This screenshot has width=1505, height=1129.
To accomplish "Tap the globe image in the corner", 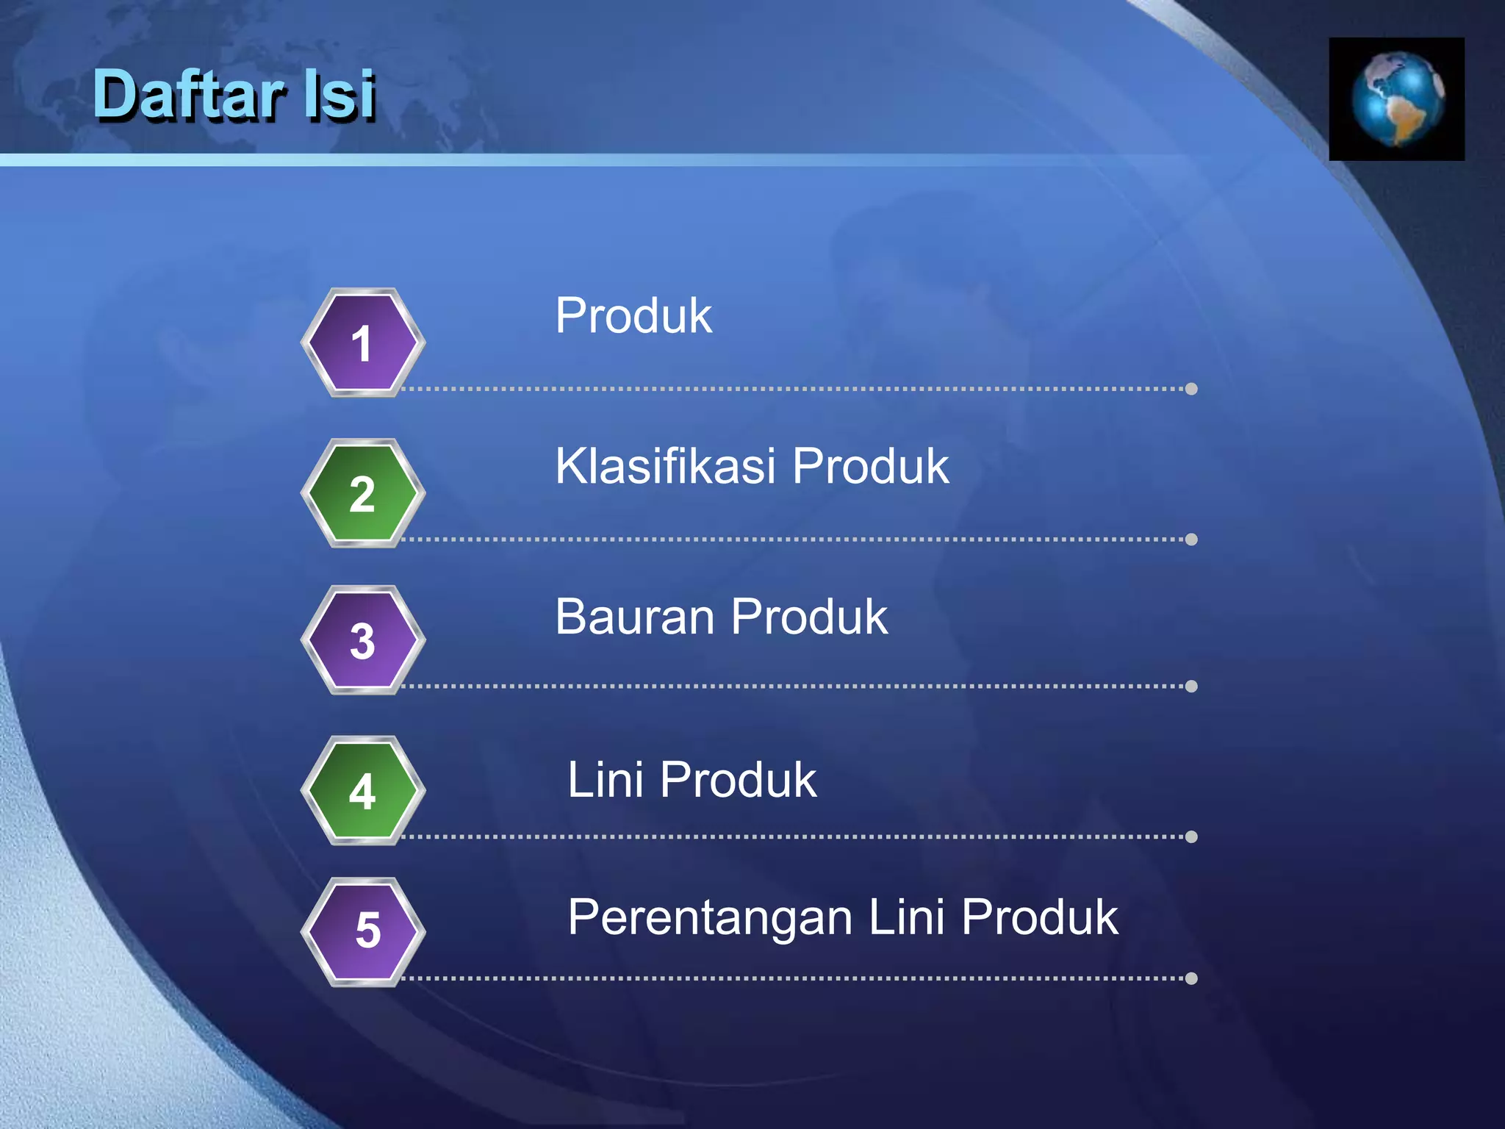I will coord(1396,99).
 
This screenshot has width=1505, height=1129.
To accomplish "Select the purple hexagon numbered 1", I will coord(362,343).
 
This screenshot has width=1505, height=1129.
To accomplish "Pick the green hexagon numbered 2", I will coord(362,493).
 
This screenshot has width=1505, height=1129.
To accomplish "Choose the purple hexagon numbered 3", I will coord(362,640).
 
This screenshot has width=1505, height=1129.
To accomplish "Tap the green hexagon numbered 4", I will coord(362,791).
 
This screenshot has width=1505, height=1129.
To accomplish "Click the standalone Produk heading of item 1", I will coord(633,316).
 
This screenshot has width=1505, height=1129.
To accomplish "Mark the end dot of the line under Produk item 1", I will coord(1191,389).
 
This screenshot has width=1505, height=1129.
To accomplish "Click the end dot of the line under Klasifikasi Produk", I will coord(1191,540).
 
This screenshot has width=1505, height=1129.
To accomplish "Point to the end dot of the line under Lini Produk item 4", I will coord(1191,836).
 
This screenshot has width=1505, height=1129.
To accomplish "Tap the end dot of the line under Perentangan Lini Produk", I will coord(1191,978).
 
